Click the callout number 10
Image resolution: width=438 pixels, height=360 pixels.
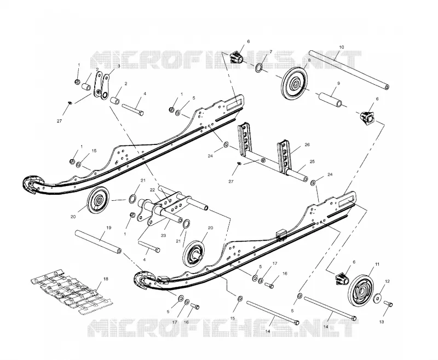click(342, 47)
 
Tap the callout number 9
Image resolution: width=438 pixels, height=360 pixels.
click(338, 83)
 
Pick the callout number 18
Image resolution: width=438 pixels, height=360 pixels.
click(106, 279)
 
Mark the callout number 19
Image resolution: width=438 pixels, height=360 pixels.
click(108, 228)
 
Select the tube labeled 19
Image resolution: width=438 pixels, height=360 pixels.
click(98, 242)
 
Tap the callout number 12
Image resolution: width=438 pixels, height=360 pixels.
click(387, 281)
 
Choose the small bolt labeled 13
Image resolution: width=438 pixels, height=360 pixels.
click(389, 304)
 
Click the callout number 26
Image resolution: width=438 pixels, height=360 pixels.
click(307, 144)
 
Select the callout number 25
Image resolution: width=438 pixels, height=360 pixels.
click(312, 161)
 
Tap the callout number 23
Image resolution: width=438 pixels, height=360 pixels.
click(163, 235)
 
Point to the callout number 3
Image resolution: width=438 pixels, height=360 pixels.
click(119, 66)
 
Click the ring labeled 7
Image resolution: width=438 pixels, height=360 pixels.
click(258, 68)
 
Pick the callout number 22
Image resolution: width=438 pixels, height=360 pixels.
click(152, 190)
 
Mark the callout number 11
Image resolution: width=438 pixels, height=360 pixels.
click(377, 264)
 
